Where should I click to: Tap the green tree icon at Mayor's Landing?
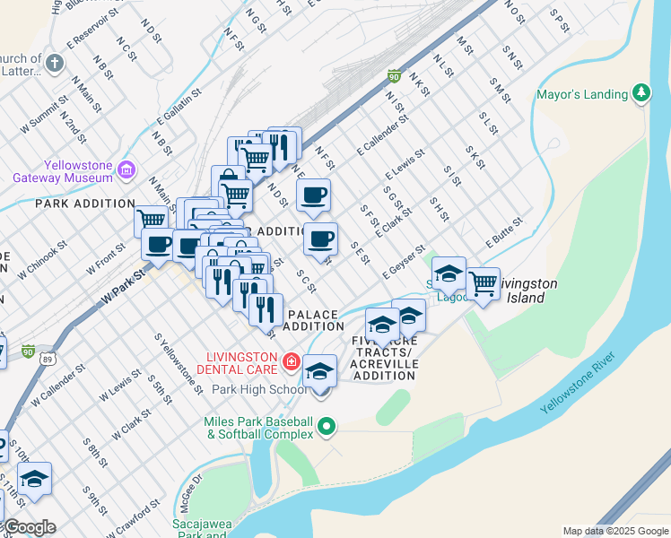640,93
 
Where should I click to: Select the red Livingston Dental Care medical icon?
290,361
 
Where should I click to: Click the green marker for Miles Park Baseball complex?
327,429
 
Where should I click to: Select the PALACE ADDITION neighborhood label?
313,320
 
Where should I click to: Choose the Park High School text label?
259,390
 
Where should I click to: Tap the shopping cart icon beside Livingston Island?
484,283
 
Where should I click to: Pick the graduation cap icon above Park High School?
319,371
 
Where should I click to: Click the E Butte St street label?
504,231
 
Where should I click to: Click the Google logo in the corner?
30,527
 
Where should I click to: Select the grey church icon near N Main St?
55,63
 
